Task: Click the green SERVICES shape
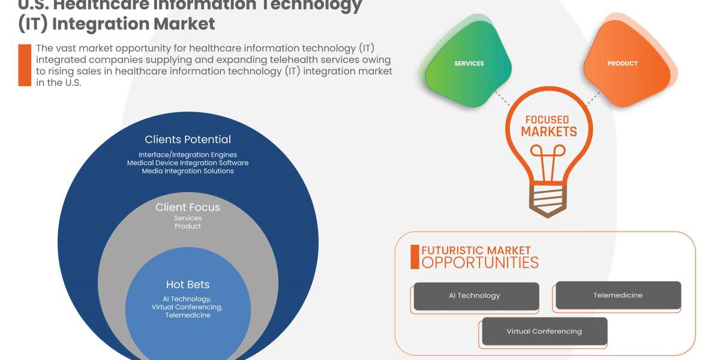pyautogui.click(x=469, y=64)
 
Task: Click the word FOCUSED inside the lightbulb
pyautogui.click(x=547, y=120)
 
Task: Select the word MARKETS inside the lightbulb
pyautogui.click(x=548, y=132)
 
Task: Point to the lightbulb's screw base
pyautogui.click(x=548, y=199)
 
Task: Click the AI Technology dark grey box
pyautogui.click(x=476, y=296)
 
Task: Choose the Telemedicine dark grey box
pyautogui.click(x=618, y=295)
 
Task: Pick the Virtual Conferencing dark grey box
pyautogui.click(x=544, y=331)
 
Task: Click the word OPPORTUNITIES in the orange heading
pyautogui.click(x=480, y=262)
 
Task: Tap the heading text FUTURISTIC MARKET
pyautogui.click(x=476, y=250)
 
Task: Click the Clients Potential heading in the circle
pyautogui.click(x=188, y=140)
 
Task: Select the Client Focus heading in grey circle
pyautogui.click(x=188, y=208)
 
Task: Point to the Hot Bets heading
pyautogui.click(x=188, y=284)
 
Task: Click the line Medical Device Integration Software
pyautogui.click(x=188, y=163)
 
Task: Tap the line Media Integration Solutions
pyautogui.click(x=188, y=171)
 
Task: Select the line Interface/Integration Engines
pyautogui.click(x=188, y=155)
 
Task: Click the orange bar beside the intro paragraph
pyautogui.click(x=25, y=65)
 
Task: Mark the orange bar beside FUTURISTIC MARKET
pyautogui.click(x=415, y=257)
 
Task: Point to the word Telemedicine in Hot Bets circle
pyautogui.click(x=188, y=316)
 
